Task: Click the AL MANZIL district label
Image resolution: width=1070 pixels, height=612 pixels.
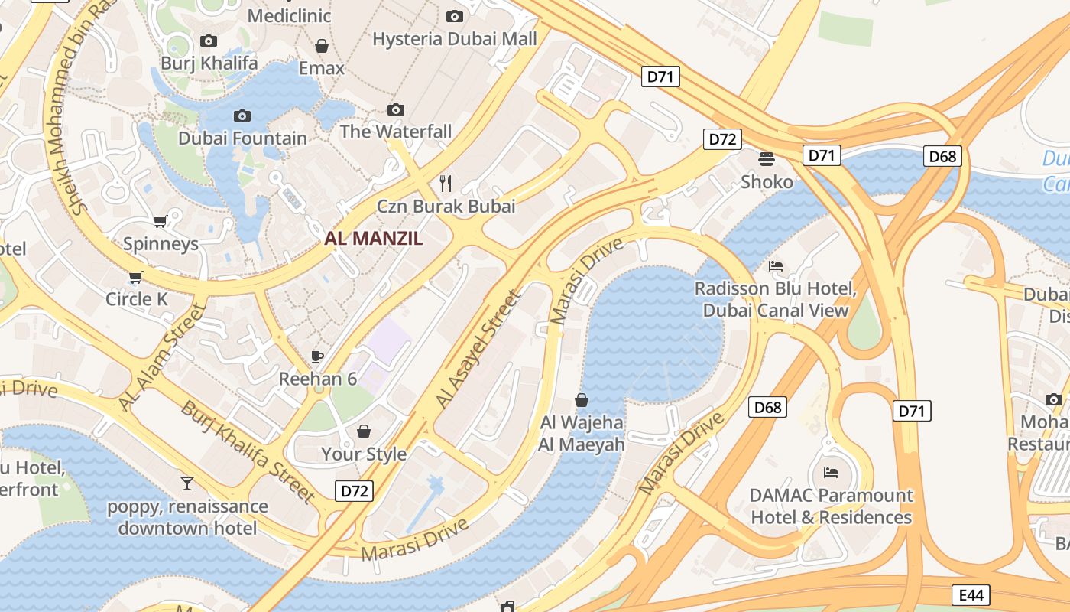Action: (x=373, y=238)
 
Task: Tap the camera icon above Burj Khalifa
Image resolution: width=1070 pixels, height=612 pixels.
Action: (x=208, y=41)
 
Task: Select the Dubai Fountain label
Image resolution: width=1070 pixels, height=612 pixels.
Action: (x=242, y=138)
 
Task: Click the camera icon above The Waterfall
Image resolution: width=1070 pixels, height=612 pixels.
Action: (x=395, y=109)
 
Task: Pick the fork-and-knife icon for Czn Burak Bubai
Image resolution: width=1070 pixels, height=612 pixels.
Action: (x=446, y=184)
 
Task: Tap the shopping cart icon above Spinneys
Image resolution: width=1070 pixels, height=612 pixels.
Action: (x=160, y=222)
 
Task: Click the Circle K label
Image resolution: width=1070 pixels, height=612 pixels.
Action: (x=136, y=299)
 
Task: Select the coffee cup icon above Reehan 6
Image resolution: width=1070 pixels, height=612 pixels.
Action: (x=317, y=356)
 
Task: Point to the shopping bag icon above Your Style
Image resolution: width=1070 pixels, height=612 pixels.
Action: (x=364, y=431)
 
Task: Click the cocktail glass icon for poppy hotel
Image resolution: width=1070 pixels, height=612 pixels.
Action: (x=187, y=483)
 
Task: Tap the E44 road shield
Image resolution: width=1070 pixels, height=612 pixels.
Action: (x=971, y=594)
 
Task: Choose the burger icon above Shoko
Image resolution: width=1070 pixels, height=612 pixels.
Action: (x=767, y=159)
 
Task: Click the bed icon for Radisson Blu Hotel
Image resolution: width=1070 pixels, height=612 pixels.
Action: (x=776, y=266)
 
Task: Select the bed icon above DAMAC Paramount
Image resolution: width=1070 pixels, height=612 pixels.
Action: (x=831, y=473)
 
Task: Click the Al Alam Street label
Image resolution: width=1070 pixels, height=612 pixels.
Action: (x=162, y=356)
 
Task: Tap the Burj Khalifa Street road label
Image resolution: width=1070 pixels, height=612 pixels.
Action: (x=248, y=451)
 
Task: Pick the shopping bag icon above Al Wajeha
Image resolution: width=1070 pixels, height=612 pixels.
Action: (x=582, y=399)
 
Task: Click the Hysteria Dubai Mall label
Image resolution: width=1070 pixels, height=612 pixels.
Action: (x=455, y=38)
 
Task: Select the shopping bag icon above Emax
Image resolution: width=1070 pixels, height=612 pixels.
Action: (x=322, y=46)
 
